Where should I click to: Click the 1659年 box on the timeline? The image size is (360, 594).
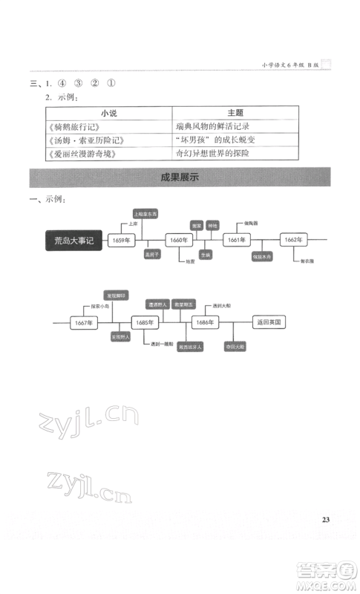tap(122, 241)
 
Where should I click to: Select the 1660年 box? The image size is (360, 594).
tap(178, 241)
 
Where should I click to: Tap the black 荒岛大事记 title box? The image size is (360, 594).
tap(75, 241)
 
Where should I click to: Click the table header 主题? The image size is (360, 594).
tap(235, 113)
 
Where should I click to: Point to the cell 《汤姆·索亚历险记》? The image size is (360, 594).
tap(82, 140)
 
